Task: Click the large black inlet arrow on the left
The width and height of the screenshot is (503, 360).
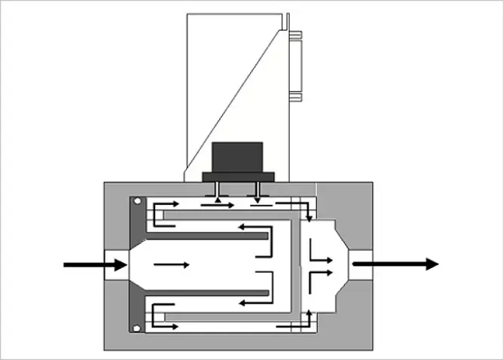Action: pyautogui.click(x=94, y=264)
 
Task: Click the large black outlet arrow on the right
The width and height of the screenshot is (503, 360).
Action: pyautogui.click(x=395, y=264)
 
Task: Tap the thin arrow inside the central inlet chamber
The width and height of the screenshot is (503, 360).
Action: pyautogui.click(x=172, y=264)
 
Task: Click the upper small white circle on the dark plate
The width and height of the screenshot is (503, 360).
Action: pyautogui.click(x=136, y=202)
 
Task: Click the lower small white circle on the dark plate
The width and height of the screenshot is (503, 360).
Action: pyautogui.click(x=136, y=328)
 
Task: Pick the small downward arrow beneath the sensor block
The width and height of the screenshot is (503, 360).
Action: pyautogui.click(x=258, y=200)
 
